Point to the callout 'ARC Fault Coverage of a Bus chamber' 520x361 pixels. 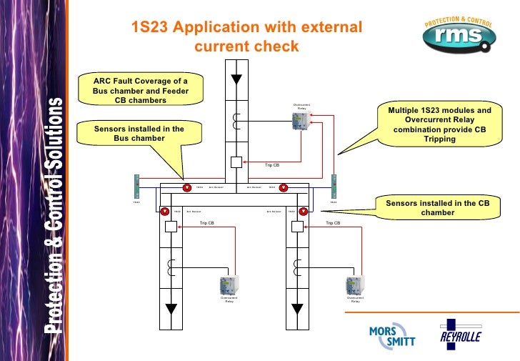pos(140,91)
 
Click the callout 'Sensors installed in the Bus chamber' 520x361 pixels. pos(139,134)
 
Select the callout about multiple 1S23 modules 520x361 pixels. pos(439,125)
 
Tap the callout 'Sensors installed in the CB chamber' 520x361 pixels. pos(437,208)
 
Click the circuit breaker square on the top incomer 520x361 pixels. pos(236,162)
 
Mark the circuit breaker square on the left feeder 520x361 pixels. pos(171,227)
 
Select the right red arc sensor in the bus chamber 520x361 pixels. pos(284,189)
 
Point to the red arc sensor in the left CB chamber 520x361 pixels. pos(164,212)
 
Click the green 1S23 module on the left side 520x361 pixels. pos(136,187)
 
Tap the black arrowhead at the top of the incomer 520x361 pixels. pos(236,78)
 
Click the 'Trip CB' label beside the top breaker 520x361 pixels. pos(272,165)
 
